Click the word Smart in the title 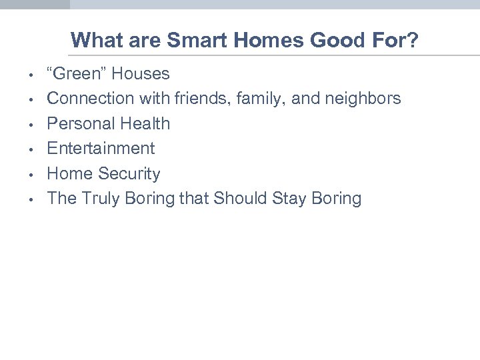click(193, 41)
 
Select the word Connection click(91, 99)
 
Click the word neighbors click(363, 99)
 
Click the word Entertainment click(101, 148)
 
